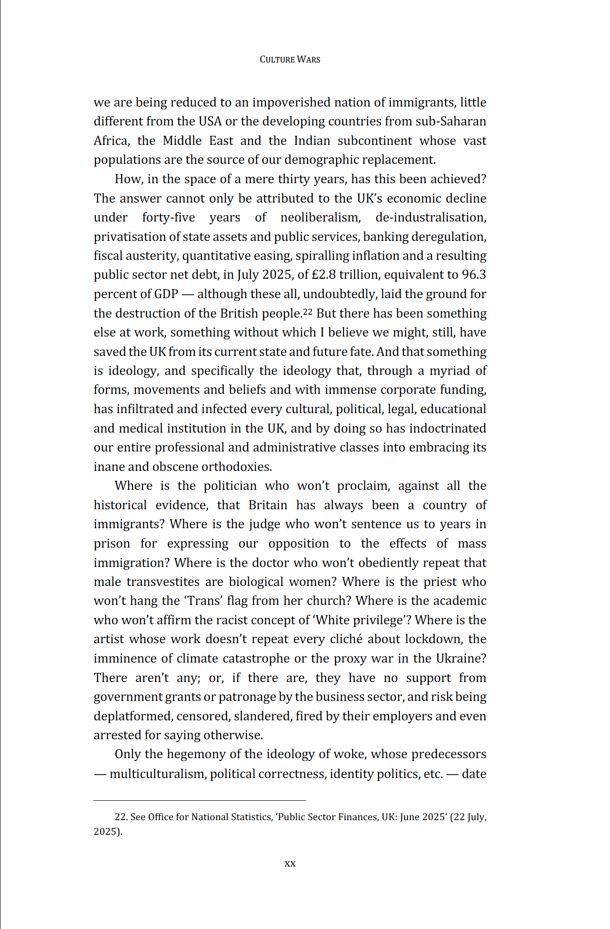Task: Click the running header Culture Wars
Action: pyautogui.click(x=290, y=60)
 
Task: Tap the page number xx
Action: pyautogui.click(x=290, y=863)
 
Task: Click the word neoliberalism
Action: pyautogui.click(x=320, y=218)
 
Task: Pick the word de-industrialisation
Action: pyautogui.click(x=431, y=218)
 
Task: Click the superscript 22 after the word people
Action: pyautogui.click(x=308, y=311)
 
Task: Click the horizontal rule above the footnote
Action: pyautogui.click(x=200, y=800)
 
